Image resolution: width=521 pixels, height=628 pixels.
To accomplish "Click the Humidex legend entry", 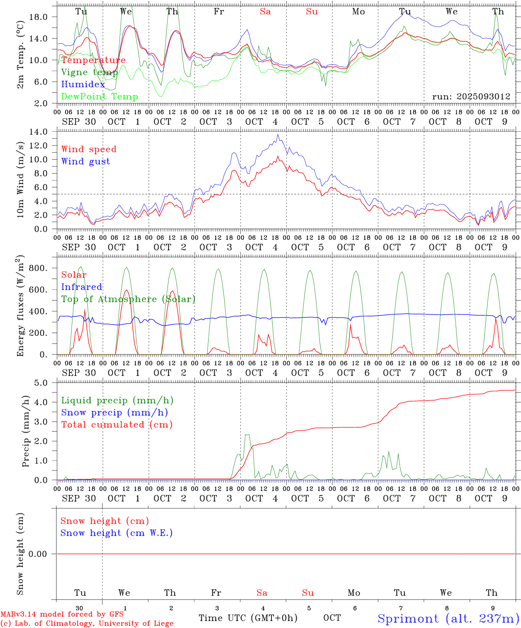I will (x=83, y=85).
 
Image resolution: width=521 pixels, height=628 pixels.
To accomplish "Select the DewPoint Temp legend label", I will (x=99, y=97).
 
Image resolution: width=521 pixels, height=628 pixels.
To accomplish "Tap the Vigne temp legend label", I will (x=89, y=72).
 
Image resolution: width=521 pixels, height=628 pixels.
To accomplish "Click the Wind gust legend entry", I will (x=86, y=161).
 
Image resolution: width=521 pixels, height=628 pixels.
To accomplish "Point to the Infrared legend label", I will (x=82, y=287).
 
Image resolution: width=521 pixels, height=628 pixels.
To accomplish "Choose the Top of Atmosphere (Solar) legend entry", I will (x=128, y=299).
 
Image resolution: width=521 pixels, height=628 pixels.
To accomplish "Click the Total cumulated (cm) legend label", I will (x=117, y=425).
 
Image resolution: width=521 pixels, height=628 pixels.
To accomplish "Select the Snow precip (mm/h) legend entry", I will (x=114, y=413).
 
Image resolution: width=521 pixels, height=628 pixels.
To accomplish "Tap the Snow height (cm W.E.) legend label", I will (x=117, y=533).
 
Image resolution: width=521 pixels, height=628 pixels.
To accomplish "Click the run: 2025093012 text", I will (x=471, y=97).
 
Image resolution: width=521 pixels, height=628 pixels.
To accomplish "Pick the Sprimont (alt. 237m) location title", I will (x=448, y=618).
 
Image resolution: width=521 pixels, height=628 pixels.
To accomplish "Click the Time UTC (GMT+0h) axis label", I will (x=248, y=618).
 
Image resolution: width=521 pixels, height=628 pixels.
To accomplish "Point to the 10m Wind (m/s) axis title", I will (x=21, y=180).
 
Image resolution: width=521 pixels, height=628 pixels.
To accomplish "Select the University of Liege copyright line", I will (x=87, y=624).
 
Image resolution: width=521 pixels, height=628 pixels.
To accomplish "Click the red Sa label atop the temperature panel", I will (x=265, y=12).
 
